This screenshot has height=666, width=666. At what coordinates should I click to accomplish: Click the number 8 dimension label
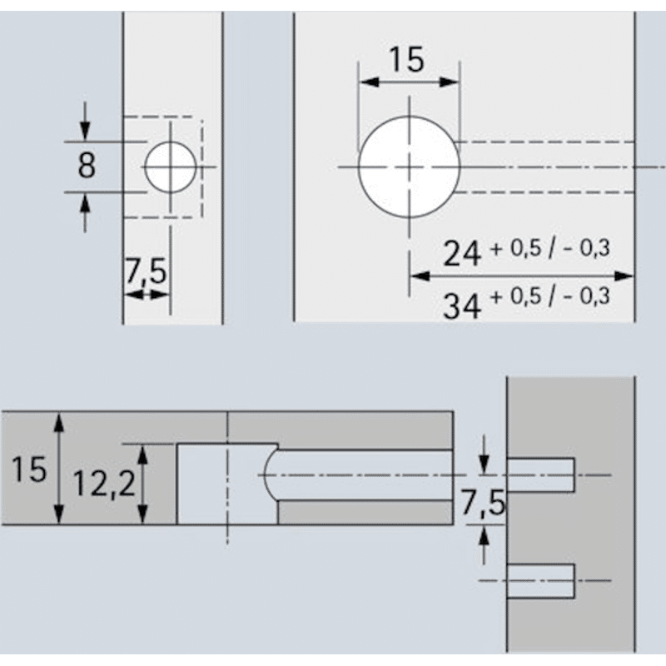pos(87,166)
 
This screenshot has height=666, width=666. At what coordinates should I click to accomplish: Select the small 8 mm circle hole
pos(171,166)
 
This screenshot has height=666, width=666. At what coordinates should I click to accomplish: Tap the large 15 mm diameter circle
pos(409,167)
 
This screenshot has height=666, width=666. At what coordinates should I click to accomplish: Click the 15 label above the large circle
pos(408,59)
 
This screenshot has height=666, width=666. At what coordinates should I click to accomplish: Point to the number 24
pos(462,253)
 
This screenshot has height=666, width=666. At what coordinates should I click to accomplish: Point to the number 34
pos(462,306)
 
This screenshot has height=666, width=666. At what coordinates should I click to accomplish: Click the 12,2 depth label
pos(104,484)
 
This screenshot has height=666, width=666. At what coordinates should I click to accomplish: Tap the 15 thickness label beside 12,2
pos(29,470)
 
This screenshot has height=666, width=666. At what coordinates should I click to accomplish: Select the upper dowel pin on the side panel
pos(541,475)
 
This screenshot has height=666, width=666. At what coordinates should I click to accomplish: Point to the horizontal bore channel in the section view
pos(366,475)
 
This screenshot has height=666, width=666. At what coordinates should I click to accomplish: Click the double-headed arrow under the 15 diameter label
pos(408,82)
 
